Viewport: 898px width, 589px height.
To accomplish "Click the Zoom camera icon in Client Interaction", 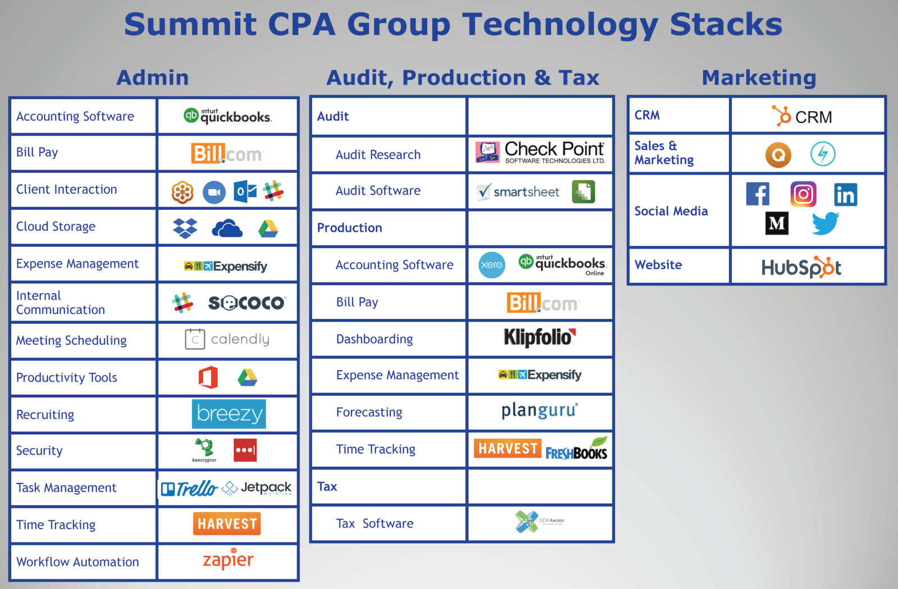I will pos(214,192).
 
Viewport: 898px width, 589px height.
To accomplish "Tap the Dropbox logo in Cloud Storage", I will pos(185,228).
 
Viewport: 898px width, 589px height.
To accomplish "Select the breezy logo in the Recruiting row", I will pos(228,414).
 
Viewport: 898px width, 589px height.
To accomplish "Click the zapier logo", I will pos(228,559).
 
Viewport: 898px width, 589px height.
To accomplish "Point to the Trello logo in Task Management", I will pos(189,489).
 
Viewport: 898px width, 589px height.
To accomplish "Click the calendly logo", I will pos(227,339).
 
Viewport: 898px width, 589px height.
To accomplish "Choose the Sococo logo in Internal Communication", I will pos(247,303).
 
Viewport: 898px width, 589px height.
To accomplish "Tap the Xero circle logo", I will pos(492,265).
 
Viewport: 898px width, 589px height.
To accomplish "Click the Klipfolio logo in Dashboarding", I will pos(539,337).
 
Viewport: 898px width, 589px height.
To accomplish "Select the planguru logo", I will pos(539,411).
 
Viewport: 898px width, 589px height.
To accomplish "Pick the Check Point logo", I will pos(540,152).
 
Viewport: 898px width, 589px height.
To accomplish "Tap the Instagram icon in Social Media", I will pos(803,195).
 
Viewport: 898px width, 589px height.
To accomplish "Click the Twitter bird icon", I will pos(825,223).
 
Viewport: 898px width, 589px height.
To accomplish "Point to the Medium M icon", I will pos(777,223).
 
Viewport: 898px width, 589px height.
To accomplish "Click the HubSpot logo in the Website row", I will pos(801,268).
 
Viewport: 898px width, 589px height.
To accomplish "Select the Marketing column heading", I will pos(759,77).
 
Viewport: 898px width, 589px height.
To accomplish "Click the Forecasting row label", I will pos(369,412).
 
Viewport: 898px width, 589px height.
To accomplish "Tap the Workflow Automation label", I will pos(77,562).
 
